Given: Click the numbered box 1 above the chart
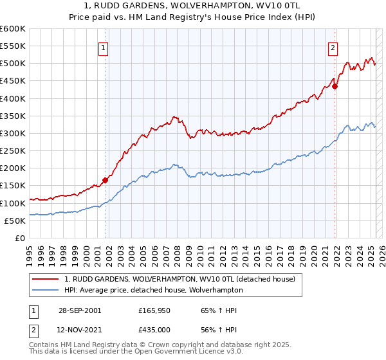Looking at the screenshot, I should [104, 46].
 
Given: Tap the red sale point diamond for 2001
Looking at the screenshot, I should [106, 180].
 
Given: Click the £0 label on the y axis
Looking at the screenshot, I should [20, 238].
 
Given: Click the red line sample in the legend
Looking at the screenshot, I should [45, 279].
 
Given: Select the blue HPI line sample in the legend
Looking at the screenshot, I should [45, 291].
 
